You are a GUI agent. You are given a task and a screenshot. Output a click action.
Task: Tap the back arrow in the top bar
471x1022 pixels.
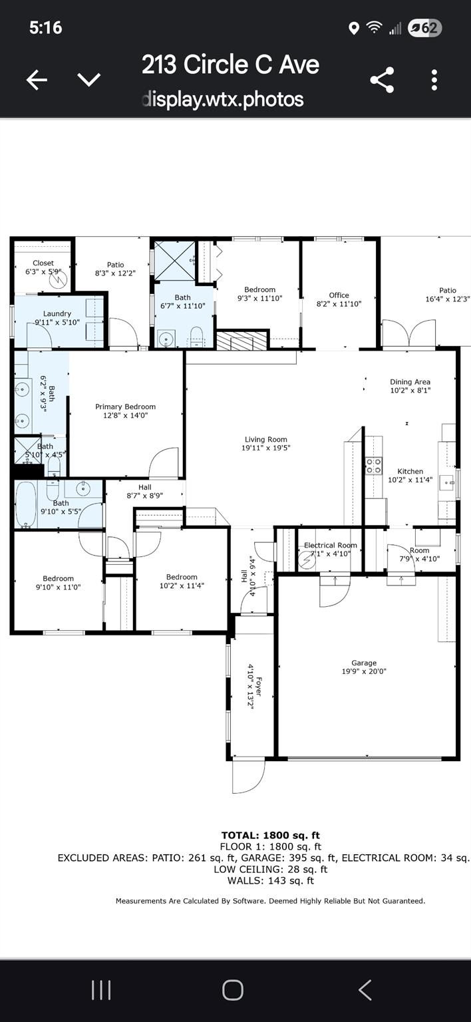click(37, 81)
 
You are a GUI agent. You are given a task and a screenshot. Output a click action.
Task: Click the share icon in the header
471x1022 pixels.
click(382, 80)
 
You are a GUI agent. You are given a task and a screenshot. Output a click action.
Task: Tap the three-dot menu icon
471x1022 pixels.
click(434, 80)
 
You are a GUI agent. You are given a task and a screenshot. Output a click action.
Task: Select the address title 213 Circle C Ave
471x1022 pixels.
click(230, 65)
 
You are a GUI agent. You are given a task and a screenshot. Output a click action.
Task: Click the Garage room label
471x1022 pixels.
click(364, 663)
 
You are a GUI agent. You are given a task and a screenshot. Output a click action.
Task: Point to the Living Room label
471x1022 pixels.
click(266, 439)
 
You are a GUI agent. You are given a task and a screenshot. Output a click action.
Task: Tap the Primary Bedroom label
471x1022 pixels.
click(125, 407)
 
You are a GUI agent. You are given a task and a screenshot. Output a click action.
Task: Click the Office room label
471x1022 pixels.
click(339, 295)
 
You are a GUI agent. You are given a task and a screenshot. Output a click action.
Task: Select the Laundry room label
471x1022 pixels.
click(57, 313)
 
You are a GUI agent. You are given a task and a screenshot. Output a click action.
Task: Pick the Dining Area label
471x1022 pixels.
click(410, 382)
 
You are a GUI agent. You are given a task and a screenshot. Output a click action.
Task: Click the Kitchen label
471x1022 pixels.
click(410, 471)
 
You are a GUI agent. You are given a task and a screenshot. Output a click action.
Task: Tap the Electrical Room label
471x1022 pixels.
click(331, 545)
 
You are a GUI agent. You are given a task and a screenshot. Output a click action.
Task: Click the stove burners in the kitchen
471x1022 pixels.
click(373, 465)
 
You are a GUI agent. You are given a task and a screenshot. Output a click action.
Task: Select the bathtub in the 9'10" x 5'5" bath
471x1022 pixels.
click(25, 504)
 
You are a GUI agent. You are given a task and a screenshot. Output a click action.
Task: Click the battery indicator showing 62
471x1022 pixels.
click(424, 28)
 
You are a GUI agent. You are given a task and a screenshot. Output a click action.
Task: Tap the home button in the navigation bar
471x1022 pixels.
click(232, 990)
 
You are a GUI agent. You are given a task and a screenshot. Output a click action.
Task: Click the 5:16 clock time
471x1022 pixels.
click(45, 27)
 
